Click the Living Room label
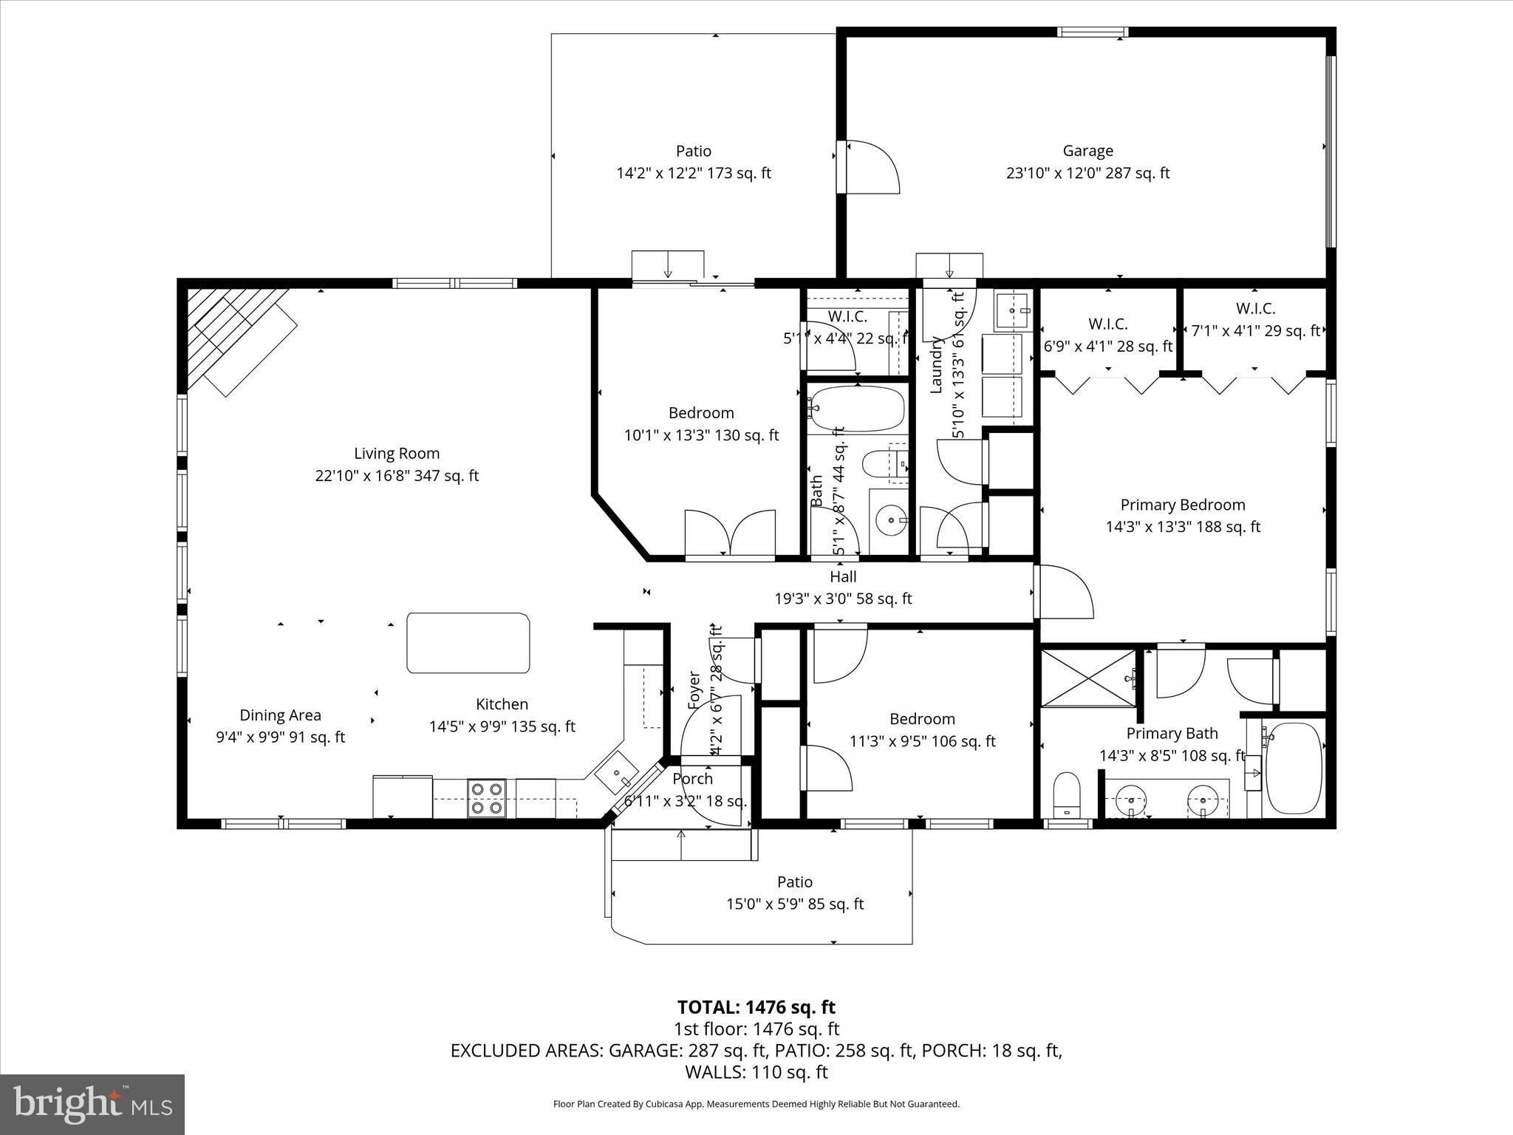click(x=397, y=454)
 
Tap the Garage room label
click(x=1087, y=151)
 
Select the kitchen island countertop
click(x=468, y=643)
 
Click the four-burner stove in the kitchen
click(x=487, y=799)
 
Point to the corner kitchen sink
click(x=616, y=774)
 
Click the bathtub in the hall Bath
click(x=857, y=409)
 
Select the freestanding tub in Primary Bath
click(x=1294, y=768)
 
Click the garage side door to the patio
click(x=870, y=168)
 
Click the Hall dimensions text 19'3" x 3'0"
click(x=843, y=599)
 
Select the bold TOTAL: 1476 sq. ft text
click(x=756, y=1007)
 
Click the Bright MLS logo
click(x=92, y=1104)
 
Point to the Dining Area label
click(x=280, y=715)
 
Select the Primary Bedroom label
click(x=1182, y=505)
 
